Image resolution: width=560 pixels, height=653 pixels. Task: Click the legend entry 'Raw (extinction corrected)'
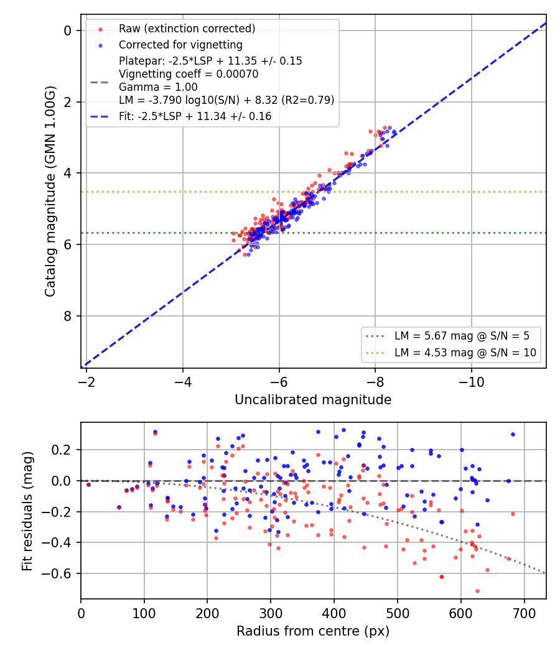click(187, 29)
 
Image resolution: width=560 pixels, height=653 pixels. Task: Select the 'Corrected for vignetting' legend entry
click(180, 45)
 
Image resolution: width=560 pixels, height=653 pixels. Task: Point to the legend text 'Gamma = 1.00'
click(158, 87)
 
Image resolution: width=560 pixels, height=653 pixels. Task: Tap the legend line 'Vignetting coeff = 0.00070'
click(189, 74)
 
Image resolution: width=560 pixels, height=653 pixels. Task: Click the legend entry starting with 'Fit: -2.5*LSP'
click(195, 116)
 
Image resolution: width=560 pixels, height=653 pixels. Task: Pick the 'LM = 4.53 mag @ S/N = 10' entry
click(465, 353)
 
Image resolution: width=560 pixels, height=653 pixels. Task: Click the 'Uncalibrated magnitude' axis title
click(313, 400)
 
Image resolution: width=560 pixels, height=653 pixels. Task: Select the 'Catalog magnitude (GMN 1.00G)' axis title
click(50, 191)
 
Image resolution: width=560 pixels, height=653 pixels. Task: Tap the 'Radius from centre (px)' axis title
click(313, 631)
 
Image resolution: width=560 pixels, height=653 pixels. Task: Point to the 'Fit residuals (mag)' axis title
click(27, 511)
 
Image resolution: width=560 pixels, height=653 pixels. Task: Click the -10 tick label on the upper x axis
click(471, 382)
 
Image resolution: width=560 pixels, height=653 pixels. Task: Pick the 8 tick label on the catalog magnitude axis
click(67, 316)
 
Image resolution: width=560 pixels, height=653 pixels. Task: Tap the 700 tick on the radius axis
click(524, 613)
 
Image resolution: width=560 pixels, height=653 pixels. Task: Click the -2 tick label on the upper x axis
click(86, 382)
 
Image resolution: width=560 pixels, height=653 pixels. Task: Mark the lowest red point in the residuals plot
click(477, 591)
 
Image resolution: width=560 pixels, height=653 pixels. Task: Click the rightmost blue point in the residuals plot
click(513, 434)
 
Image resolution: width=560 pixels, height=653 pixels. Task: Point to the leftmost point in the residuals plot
click(88, 484)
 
